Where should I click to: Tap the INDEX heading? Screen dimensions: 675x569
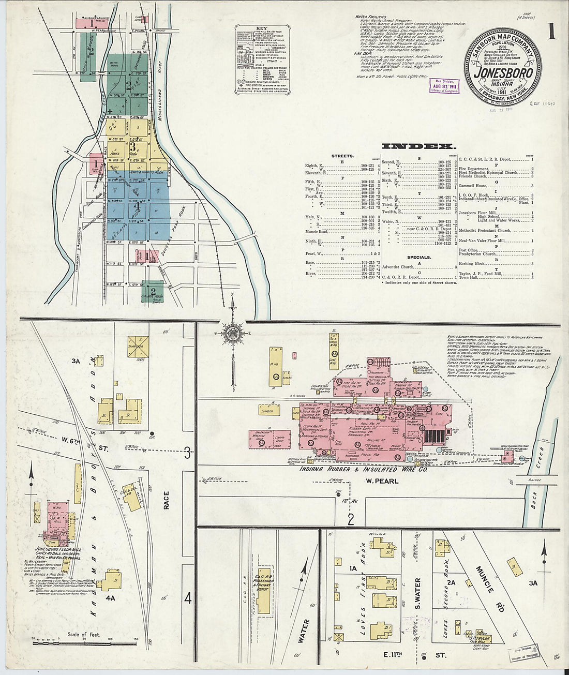(418, 146)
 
